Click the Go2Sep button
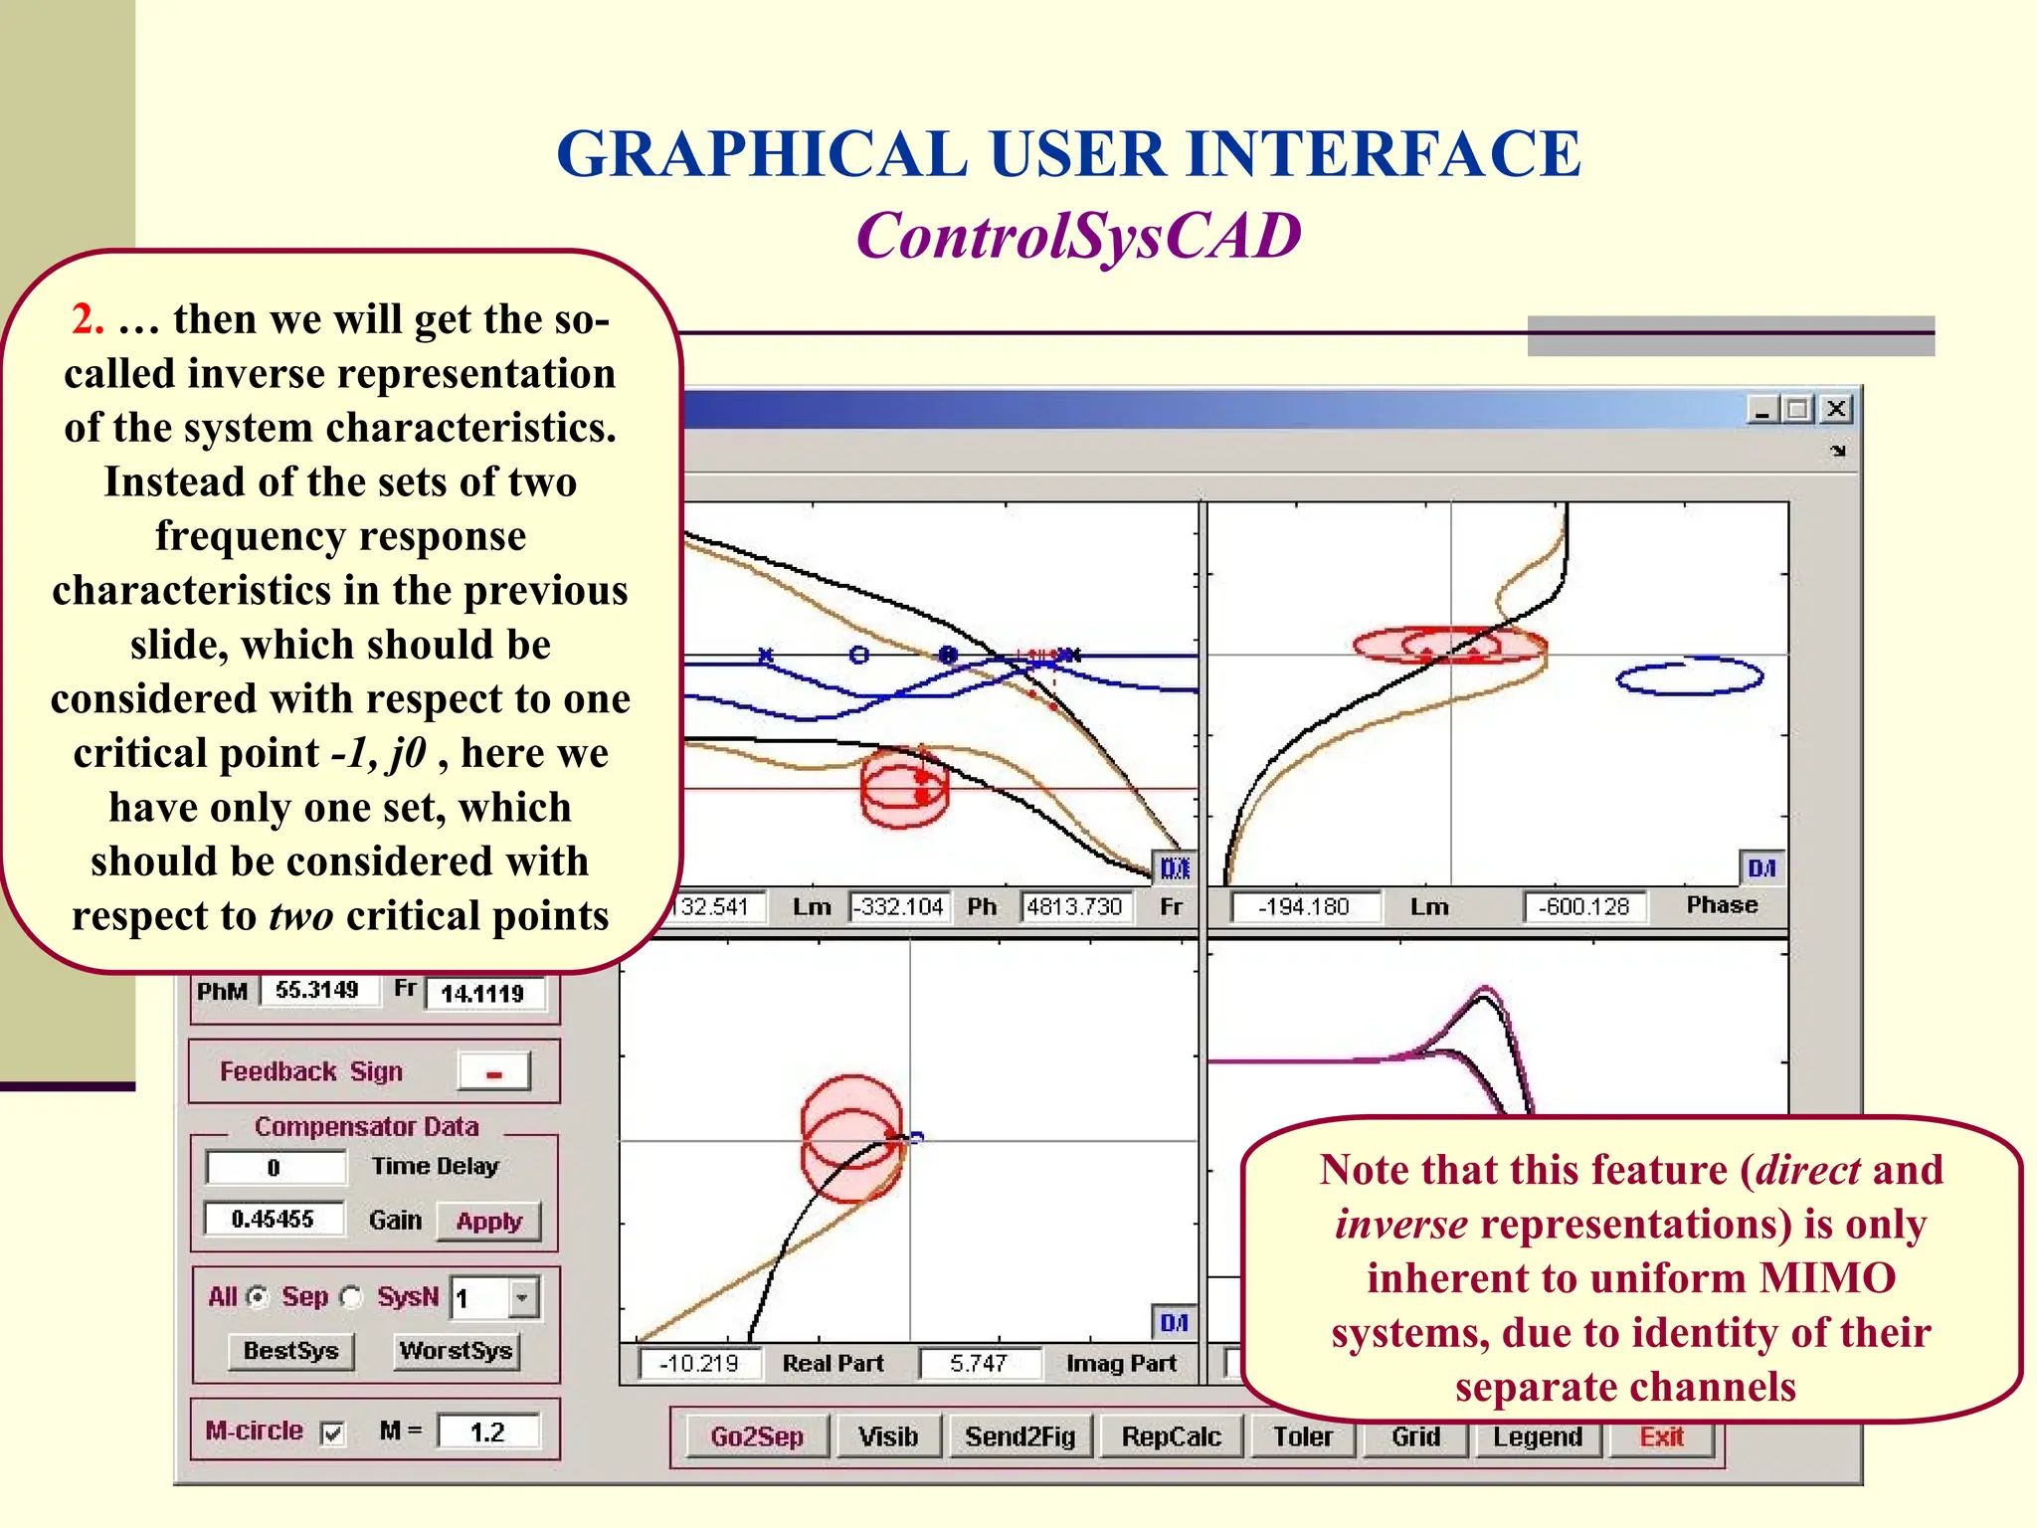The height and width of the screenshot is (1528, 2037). click(756, 1437)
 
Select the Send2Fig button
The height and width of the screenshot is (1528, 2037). click(1020, 1437)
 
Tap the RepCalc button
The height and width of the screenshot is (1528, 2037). click(1171, 1437)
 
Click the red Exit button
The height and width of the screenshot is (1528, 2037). click(1661, 1437)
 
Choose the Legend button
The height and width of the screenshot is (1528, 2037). click(1537, 1437)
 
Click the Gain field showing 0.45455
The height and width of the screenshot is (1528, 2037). click(274, 1220)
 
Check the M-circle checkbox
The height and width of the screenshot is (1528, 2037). click(333, 1433)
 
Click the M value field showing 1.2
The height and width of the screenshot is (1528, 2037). click(488, 1432)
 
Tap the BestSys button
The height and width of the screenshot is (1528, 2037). click(290, 1351)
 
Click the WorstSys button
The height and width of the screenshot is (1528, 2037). click(456, 1351)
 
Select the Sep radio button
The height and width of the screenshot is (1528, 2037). click(351, 1298)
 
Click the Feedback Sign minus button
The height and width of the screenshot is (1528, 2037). click(494, 1072)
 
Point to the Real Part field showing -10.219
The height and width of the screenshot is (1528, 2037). click(699, 1363)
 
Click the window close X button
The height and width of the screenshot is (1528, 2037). click(1836, 409)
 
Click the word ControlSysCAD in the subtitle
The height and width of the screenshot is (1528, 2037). click(1079, 237)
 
